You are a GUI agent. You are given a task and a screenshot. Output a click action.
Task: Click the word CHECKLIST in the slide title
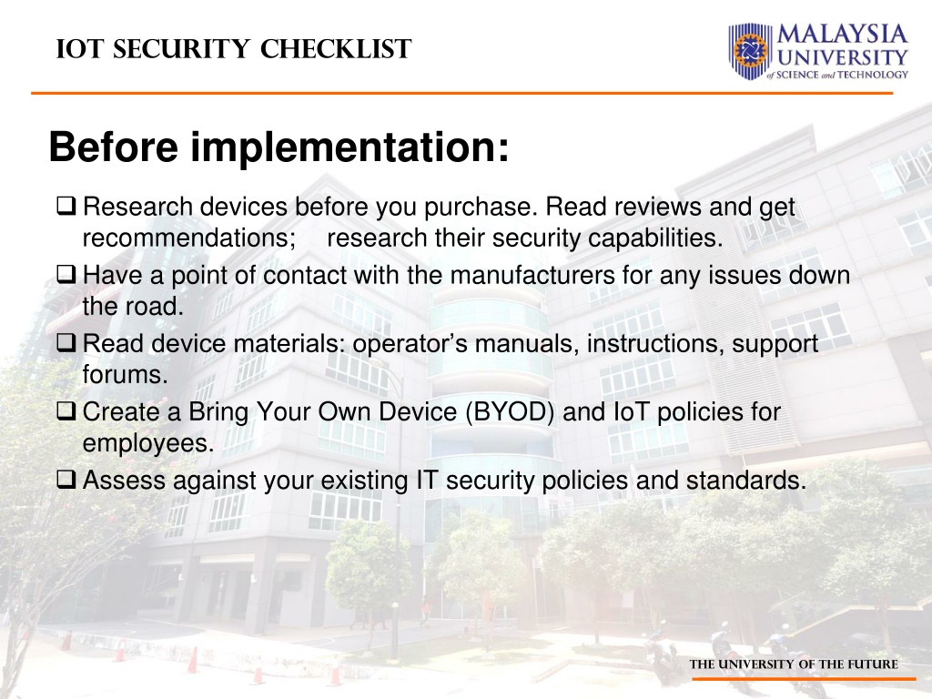(x=336, y=49)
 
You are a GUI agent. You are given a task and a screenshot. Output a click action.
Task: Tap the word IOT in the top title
(x=81, y=49)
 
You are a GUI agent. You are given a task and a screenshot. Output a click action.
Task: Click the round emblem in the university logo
(x=751, y=51)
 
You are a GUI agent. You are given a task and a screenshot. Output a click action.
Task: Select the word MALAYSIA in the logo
(x=842, y=34)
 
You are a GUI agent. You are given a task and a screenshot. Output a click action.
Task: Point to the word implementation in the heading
(x=349, y=147)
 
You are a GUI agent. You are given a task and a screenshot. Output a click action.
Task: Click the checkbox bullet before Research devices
(x=66, y=206)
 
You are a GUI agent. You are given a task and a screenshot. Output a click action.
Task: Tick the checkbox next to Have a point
(x=66, y=274)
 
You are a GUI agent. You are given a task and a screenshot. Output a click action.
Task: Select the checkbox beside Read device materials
(x=66, y=342)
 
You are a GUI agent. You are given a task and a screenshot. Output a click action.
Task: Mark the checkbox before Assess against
(x=66, y=479)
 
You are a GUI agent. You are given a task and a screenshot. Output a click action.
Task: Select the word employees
(x=148, y=443)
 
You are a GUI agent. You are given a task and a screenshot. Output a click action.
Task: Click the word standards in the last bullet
(x=746, y=481)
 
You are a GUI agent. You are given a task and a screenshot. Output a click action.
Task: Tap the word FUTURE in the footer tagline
(x=873, y=664)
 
